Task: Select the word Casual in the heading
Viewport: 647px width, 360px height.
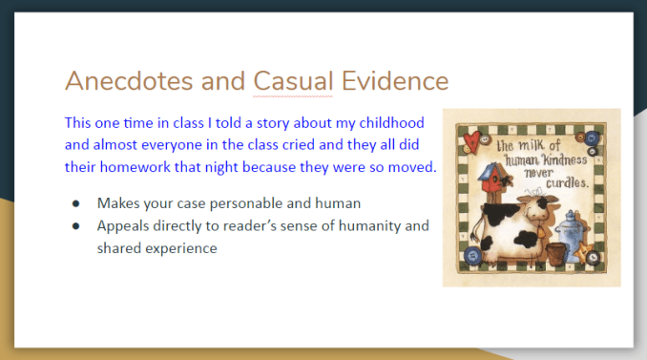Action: click(x=293, y=81)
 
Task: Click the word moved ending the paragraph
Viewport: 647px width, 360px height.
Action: click(x=413, y=168)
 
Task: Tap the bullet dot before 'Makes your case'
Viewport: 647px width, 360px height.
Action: click(x=75, y=203)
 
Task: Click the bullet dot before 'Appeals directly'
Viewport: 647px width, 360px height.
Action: click(x=75, y=226)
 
